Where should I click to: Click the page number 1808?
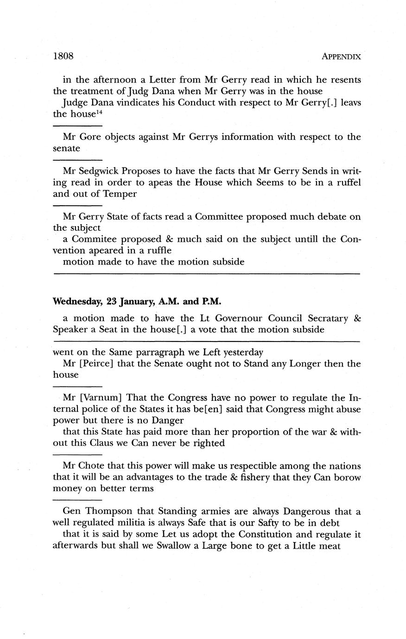click(x=64, y=56)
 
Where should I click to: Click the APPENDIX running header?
click(x=341, y=57)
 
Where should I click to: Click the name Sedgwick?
click(x=99, y=171)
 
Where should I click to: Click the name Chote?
click(x=88, y=466)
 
